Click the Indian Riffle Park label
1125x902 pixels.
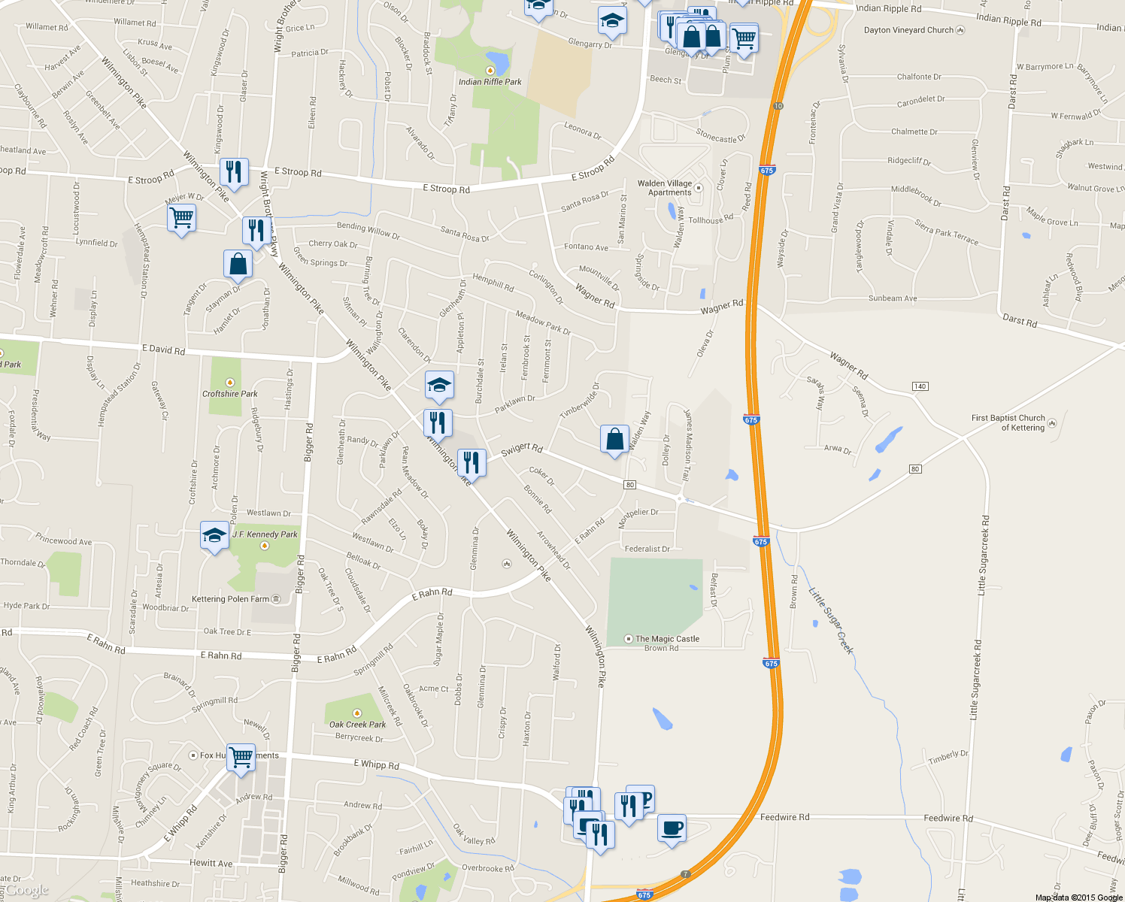point(490,82)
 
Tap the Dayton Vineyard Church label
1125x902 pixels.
point(908,30)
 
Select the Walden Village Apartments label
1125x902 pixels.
point(665,188)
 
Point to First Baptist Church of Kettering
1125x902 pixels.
point(1008,422)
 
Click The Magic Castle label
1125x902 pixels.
point(667,639)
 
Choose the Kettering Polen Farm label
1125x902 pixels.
point(230,599)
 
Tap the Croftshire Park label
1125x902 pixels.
point(229,394)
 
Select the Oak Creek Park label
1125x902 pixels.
point(357,725)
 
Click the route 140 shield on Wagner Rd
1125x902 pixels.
point(920,386)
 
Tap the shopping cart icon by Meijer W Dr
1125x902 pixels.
point(181,218)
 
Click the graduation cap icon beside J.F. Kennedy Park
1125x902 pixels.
point(214,535)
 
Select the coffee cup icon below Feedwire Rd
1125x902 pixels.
point(672,828)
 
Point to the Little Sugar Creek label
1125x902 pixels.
point(831,621)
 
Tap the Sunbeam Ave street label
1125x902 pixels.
point(893,298)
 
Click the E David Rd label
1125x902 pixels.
point(163,350)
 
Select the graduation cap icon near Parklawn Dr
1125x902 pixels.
point(439,386)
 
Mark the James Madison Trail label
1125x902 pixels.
point(687,445)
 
